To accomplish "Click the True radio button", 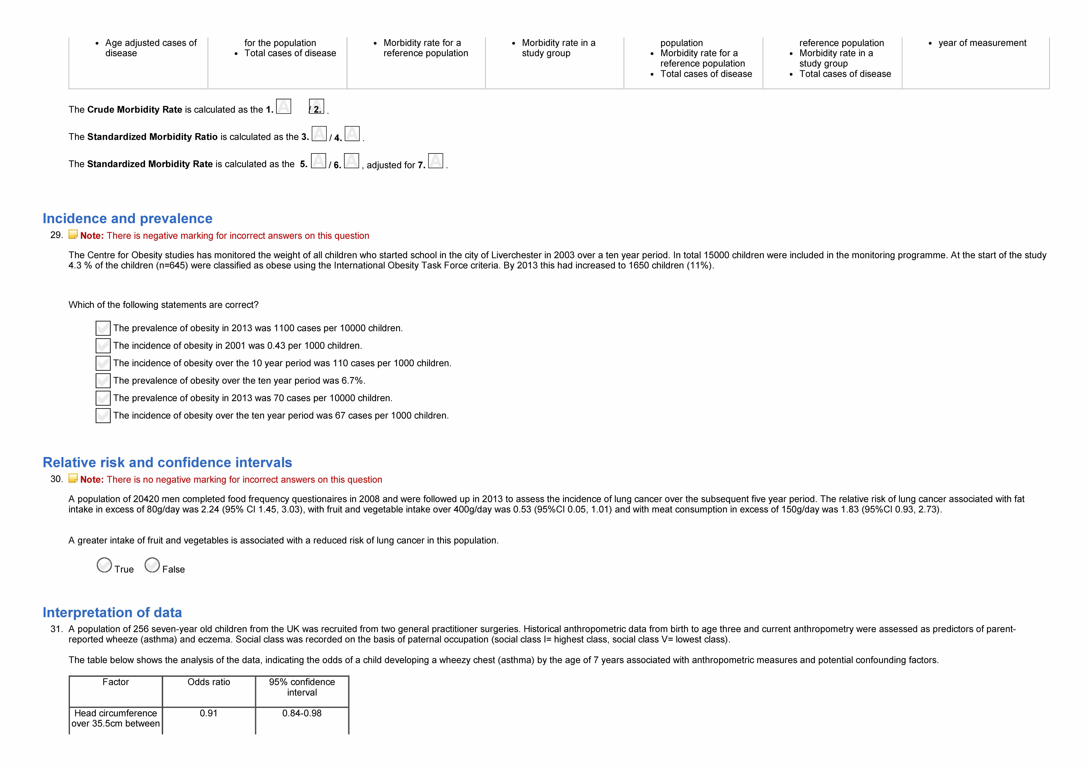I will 104,565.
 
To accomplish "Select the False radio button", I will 152,565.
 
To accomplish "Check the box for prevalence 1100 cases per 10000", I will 103,328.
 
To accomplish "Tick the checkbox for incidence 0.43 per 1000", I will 103,346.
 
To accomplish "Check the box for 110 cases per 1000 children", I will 103,363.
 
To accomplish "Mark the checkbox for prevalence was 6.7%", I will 103,380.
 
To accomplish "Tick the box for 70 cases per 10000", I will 103,398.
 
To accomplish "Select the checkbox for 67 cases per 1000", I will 103,416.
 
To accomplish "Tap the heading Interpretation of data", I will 112,613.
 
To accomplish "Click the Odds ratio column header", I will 209,682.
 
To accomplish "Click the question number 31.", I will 56,629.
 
